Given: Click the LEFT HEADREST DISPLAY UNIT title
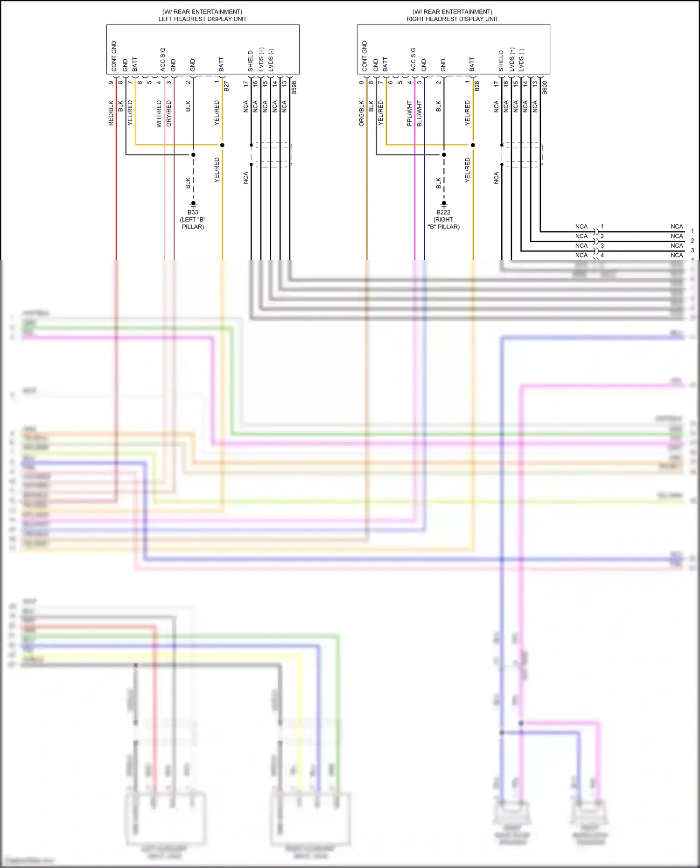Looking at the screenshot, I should coord(202,19).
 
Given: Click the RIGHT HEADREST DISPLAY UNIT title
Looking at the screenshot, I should coord(452,19).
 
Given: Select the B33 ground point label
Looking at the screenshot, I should coord(193,212).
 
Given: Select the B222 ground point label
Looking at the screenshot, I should coord(443,212).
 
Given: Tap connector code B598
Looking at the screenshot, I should coord(294,88).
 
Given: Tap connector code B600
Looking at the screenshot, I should coord(545,88).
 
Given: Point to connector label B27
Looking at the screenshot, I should coord(226,86).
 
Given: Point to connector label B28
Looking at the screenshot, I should coord(477,86).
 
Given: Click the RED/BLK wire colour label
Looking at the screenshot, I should coord(111,113).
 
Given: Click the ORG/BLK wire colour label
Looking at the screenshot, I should coord(362,113).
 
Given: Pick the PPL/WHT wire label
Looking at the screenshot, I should coord(409,113).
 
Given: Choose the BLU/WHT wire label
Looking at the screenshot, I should coord(419,113).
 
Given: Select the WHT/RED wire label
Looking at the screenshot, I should coord(159,113).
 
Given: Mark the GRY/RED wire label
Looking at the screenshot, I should coord(168,113).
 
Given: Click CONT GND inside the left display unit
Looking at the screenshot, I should coord(114,56).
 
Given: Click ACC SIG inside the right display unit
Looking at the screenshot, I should coord(413,59).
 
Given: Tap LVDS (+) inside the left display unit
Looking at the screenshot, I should coord(261,59).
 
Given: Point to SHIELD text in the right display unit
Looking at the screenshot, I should coord(501,61).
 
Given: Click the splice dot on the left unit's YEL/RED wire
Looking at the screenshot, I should coord(222,145).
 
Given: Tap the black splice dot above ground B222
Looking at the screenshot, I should coord(444,155).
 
